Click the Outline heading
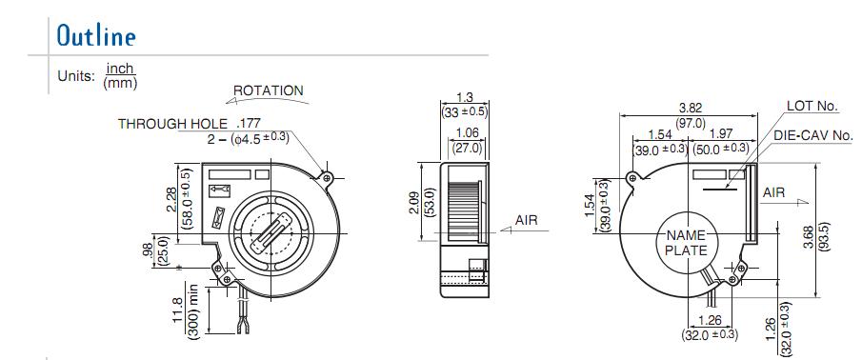click(96, 36)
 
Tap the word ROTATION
click(269, 90)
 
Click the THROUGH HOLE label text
click(172, 124)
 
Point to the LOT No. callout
click(812, 106)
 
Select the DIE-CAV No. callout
click(813, 135)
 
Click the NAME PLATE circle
click(687, 243)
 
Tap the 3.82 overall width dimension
click(690, 109)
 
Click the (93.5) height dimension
click(825, 237)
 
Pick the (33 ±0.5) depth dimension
click(465, 111)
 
